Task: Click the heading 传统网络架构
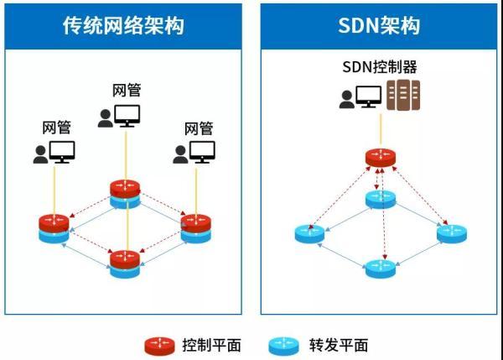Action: tap(123, 26)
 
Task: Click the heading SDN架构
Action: tap(379, 26)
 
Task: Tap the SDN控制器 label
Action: tap(380, 67)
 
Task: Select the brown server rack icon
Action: tap(403, 96)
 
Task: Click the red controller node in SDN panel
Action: tap(381, 158)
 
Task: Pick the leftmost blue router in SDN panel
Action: tap(309, 234)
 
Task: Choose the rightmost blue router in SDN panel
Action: tap(452, 234)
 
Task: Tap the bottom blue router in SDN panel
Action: tap(381, 269)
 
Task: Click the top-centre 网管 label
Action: tap(127, 91)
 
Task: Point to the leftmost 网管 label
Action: tap(57, 128)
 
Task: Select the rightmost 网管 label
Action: tap(199, 128)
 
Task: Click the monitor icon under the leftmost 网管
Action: tap(62, 152)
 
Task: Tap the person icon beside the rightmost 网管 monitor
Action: tap(180, 154)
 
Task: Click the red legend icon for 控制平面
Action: tap(159, 347)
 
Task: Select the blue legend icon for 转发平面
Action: tap(283, 347)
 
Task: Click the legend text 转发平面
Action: tap(339, 346)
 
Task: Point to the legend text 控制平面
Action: tap(212, 346)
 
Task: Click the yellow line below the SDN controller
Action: tap(381, 129)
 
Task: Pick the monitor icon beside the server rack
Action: tap(369, 97)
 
